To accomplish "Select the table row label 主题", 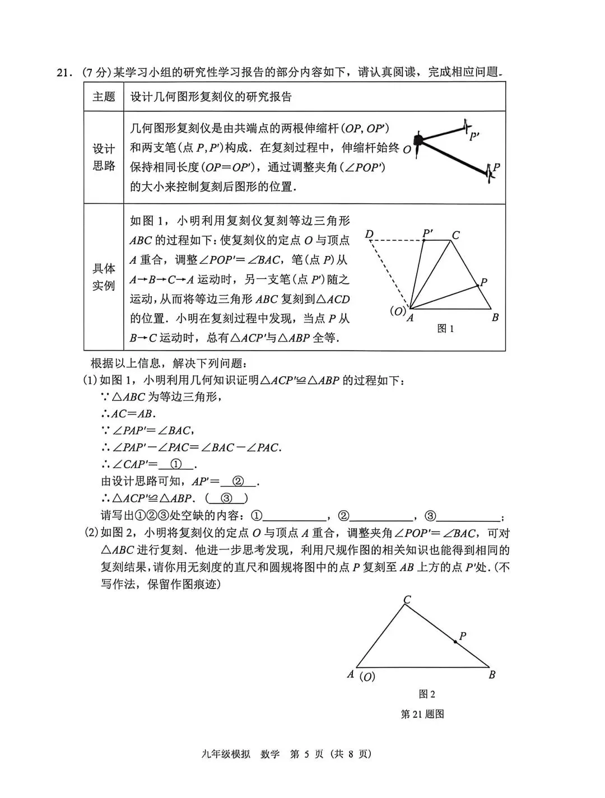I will pos(104,97).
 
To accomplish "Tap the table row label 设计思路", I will pos(104,157).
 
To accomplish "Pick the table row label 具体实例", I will pos(104,277).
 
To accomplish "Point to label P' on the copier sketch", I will pos(474,136).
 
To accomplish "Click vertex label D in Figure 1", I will pos(369,234).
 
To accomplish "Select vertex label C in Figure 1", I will pos(456,235).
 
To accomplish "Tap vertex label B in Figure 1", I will pos(495,318).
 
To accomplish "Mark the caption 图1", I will pos(445,329).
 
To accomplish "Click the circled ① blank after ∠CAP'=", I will pos(176,464).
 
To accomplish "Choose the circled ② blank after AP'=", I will pos(239,481).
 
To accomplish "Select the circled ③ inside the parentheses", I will pos(227,498).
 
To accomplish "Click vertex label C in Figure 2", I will pos(407,600).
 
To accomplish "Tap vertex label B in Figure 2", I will pos(492,675).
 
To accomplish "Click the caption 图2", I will pos(427,694).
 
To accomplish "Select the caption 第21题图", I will pos(422,714).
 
